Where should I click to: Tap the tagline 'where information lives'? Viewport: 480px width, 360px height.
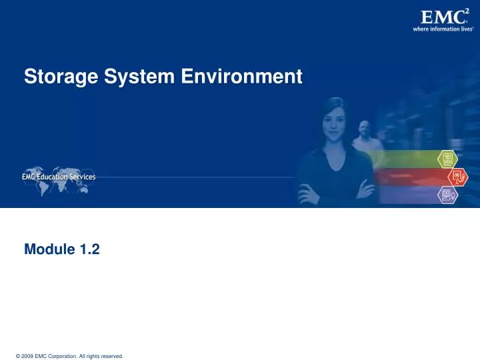443,29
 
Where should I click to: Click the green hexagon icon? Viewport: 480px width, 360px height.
447,159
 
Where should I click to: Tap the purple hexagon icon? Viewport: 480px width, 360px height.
447,195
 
